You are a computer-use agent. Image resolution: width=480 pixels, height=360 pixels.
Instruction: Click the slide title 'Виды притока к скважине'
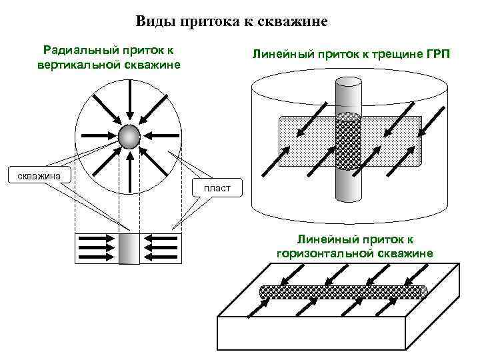[x=232, y=21]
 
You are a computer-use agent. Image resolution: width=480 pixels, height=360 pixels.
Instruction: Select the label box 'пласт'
[x=217, y=188]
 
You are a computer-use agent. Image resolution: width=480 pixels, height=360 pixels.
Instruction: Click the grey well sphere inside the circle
[x=129, y=137]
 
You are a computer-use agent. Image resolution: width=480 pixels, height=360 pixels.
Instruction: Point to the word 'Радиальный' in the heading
[x=74, y=49]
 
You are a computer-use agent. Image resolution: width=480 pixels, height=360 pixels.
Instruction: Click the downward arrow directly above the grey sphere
[x=129, y=107]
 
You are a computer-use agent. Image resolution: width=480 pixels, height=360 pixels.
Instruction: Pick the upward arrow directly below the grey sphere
[x=129, y=171]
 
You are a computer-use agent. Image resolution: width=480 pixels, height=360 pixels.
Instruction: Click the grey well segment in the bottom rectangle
[x=129, y=249]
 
